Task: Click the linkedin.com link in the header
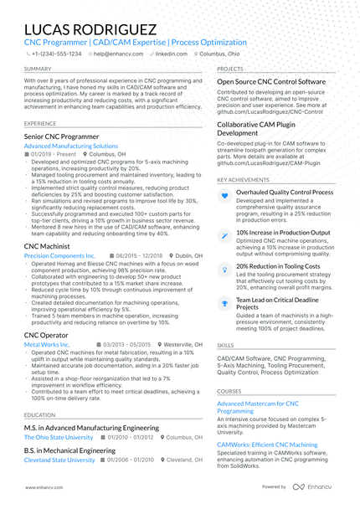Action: point(171,53)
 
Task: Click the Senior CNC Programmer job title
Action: point(64,135)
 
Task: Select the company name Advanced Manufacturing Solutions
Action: point(71,146)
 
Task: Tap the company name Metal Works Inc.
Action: point(48,344)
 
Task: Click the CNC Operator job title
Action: point(47,334)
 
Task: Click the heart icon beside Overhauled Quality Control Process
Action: point(224,195)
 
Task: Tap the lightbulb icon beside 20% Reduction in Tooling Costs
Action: point(224,268)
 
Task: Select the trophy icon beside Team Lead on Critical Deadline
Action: point(224,302)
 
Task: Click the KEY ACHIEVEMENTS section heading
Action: point(244,179)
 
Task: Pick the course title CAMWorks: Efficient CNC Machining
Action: point(267,445)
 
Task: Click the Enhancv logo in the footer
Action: point(313,486)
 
